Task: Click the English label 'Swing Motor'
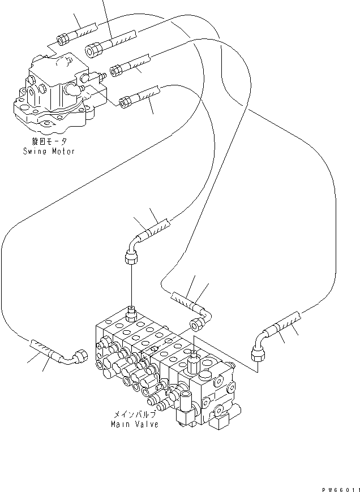49,152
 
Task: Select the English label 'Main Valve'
135,424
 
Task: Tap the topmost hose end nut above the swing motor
63,40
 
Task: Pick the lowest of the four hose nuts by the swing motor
126,102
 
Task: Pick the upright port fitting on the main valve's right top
193,356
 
